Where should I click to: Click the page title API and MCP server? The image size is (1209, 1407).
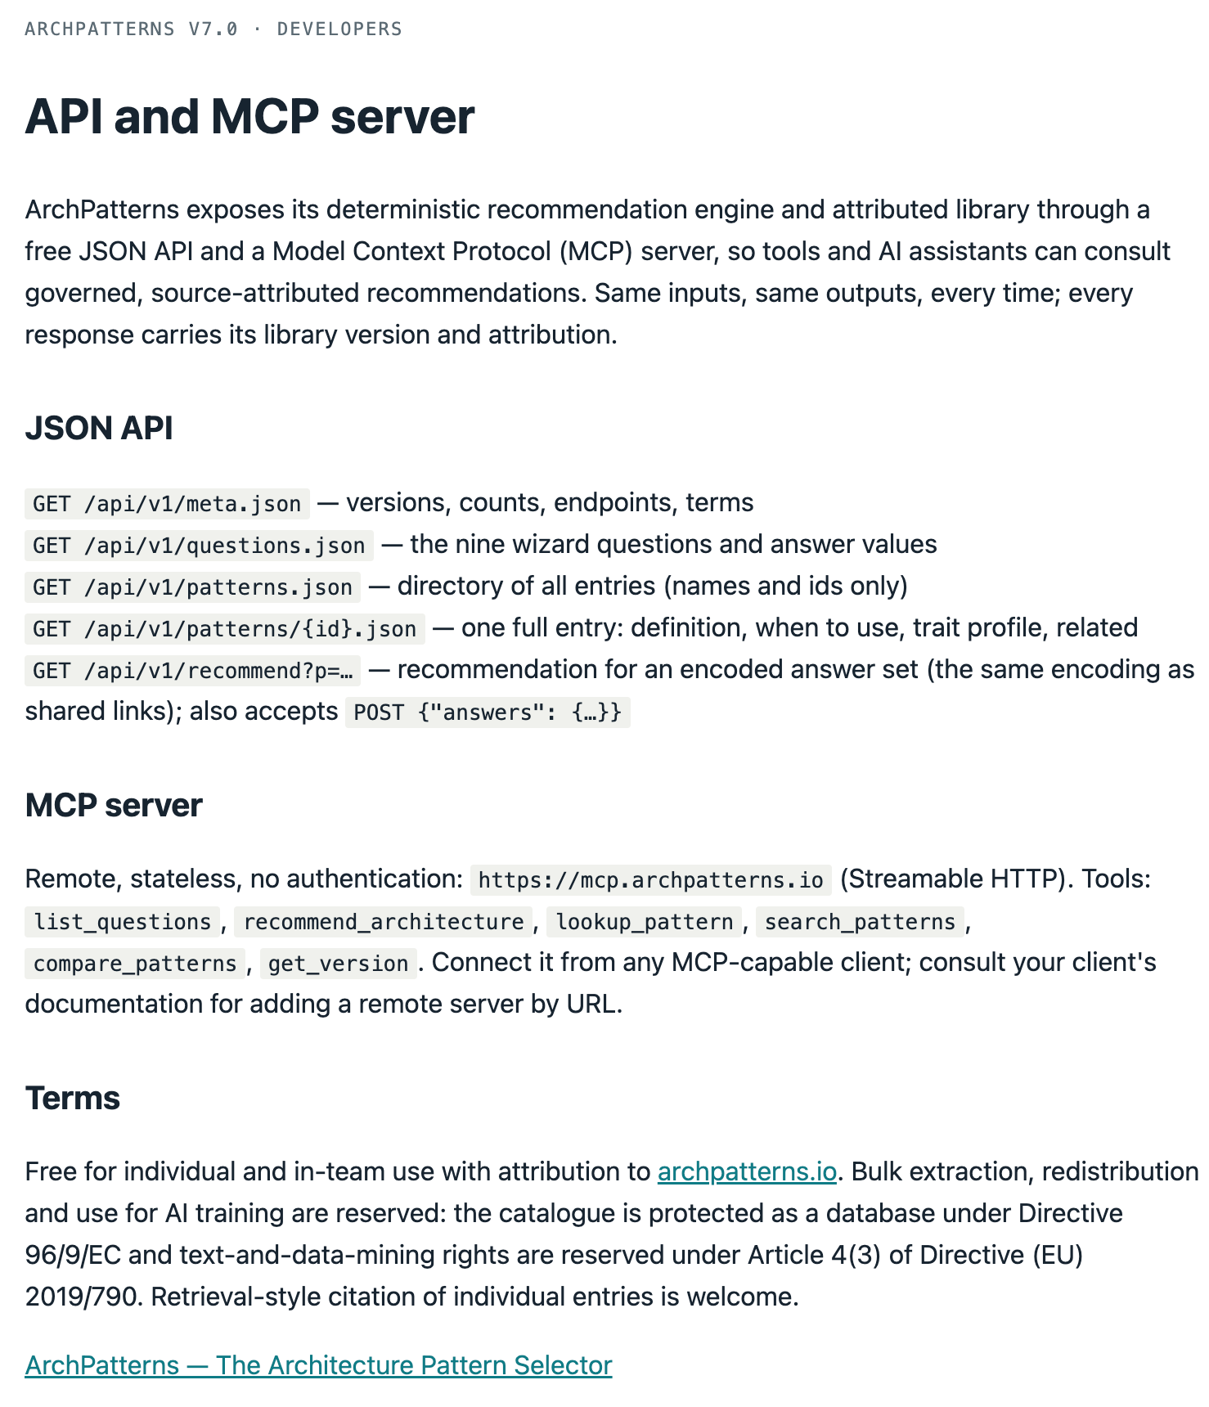click(x=249, y=116)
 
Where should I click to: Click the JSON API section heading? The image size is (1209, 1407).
click(x=99, y=428)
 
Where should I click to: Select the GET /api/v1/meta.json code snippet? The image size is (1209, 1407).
click(x=168, y=503)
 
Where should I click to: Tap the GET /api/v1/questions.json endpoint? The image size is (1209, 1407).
click(x=199, y=545)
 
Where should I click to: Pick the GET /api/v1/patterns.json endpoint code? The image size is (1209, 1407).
click(x=193, y=587)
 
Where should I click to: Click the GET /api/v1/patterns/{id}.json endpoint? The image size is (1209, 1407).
click(x=225, y=628)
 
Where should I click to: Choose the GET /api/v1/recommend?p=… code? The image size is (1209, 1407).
click(x=193, y=670)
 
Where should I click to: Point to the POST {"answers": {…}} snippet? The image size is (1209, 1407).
click(x=488, y=712)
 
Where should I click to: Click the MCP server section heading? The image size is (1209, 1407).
click(x=114, y=805)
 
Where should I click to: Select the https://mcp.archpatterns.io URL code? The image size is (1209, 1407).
click(x=651, y=879)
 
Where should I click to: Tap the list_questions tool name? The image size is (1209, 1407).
click(x=123, y=921)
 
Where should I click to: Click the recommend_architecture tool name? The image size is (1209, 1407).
click(x=384, y=921)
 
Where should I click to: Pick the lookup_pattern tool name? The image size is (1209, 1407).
click(x=645, y=921)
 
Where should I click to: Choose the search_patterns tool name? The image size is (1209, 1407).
click(x=860, y=921)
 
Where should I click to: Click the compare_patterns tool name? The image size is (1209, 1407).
click(x=135, y=963)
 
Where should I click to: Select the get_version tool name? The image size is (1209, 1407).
click(x=339, y=963)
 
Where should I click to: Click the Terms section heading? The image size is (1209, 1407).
click(x=73, y=1098)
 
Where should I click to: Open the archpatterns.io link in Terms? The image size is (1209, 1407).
click(x=747, y=1171)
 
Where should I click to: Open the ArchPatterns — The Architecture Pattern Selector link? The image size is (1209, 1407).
click(x=319, y=1365)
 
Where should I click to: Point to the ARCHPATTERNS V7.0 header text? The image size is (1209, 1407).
click(x=132, y=29)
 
